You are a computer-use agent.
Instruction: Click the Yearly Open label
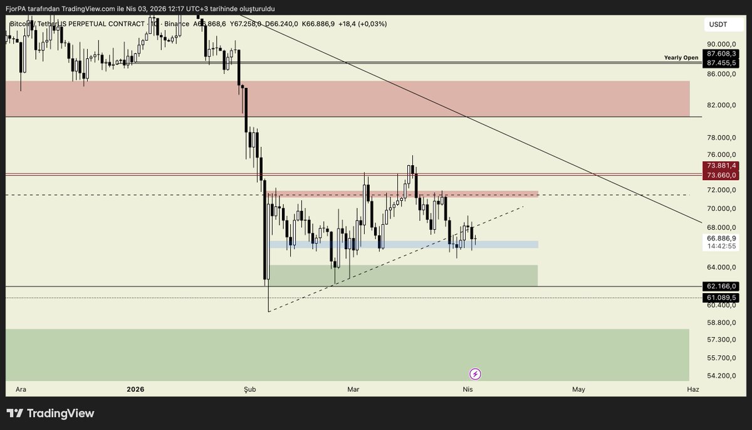point(681,58)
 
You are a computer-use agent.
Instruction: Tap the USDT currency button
point(718,24)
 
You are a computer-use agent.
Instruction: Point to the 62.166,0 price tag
point(721,286)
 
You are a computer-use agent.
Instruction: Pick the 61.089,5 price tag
point(721,298)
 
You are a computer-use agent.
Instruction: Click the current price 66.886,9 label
point(721,239)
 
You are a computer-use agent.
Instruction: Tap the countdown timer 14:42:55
point(721,246)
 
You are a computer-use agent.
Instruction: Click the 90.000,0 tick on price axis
point(721,44)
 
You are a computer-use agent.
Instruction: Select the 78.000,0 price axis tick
point(721,137)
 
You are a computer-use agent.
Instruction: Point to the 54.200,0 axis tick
point(721,375)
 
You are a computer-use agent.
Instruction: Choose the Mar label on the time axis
point(353,389)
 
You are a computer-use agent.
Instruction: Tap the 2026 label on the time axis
point(135,389)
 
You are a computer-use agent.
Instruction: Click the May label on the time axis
point(578,389)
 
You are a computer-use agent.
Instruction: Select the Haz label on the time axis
point(692,389)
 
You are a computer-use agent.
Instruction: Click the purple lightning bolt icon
point(475,375)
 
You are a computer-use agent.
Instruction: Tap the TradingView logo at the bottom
point(51,413)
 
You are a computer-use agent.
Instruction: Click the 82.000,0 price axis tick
point(721,105)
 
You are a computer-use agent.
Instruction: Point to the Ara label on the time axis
point(21,389)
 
